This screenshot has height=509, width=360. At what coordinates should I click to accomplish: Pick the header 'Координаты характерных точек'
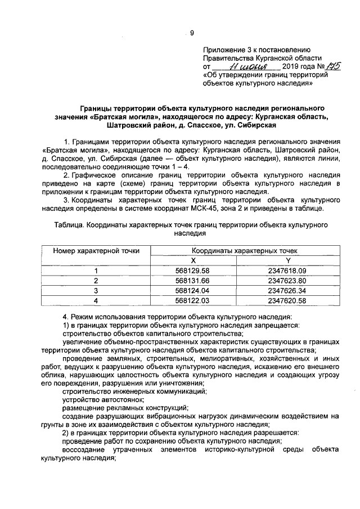[x=245, y=251]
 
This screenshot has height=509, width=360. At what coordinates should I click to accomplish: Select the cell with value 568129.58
[x=192, y=271]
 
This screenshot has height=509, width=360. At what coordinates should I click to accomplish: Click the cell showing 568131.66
[x=192, y=281]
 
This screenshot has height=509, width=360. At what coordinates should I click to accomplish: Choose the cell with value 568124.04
[x=192, y=291]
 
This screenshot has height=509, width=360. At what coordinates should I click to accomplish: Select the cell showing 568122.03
[x=192, y=301]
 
